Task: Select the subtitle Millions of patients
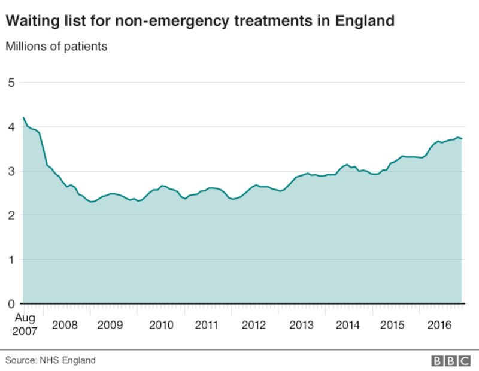pyautogui.click(x=56, y=46)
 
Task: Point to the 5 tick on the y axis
pyautogui.click(x=10, y=82)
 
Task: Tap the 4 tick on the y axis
pyautogui.click(x=10, y=127)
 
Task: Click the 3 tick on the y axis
pyautogui.click(x=10, y=171)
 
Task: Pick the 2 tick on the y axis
pyautogui.click(x=10, y=215)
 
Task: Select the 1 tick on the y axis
pyautogui.click(x=10, y=260)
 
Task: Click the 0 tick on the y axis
pyautogui.click(x=10, y=304)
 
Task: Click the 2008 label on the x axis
pyautogui.click(x=65, y=325)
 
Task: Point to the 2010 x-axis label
pyautogui.click(x=161, y=325)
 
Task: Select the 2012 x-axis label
pyautogui.click(x=253, y=325)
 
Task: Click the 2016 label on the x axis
pyautogui.click(x=440, y=325)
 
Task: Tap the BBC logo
pyautogui.click(x=452, y=361)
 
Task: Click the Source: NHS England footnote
pyautogui.click(x=51, y=360)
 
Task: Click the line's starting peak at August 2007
pyautogui.click(x=23, y=117)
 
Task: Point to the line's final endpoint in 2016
pyautogui.click(x=462, y=139)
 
